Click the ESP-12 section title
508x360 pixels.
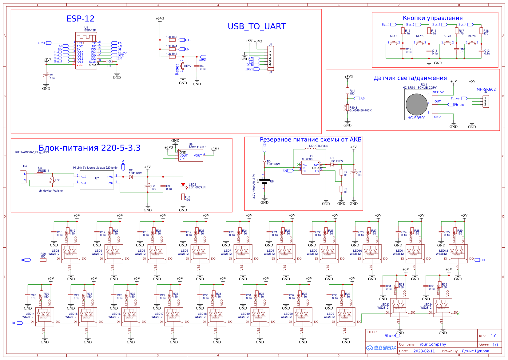pyautogui.click(x=80, y=19)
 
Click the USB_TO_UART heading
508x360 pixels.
pyautogui.click(x=256, y=26)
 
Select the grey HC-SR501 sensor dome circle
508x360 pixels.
pyautogui.click(x=416, y=104)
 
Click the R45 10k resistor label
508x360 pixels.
pyautogui.click(x=172, y=37)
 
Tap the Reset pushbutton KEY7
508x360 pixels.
pyautogui.click(x=182, y=66)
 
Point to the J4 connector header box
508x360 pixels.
pyautogui.click(x=271, y=57)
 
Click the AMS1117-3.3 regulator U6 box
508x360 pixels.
pyautogui.click(x=191, y=155)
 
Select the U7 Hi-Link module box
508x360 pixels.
pyautogui.click(x=97, y=180)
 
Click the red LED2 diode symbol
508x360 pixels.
pyautogui.click(x=183, y=185)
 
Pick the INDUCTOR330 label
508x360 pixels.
pyautogui.click(x=318, y=146)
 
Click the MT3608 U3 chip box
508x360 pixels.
pyautogui.click(x=311, y=168)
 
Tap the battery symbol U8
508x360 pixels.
pyautogui.click(x=264, y=181)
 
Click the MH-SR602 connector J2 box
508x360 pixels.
pyautogui.click(x=486, y=102)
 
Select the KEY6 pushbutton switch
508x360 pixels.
pyautogui.click(x=394, y=43)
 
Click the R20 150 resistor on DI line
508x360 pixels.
pyautogui.click(x=43, y=260)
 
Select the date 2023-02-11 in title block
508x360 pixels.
pyautogui.click(x=424, y=351)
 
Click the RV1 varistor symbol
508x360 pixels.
pyautogui.click(x=53, y=180)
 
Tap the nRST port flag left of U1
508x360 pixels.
pyautogui.click(x=49, y=43)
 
